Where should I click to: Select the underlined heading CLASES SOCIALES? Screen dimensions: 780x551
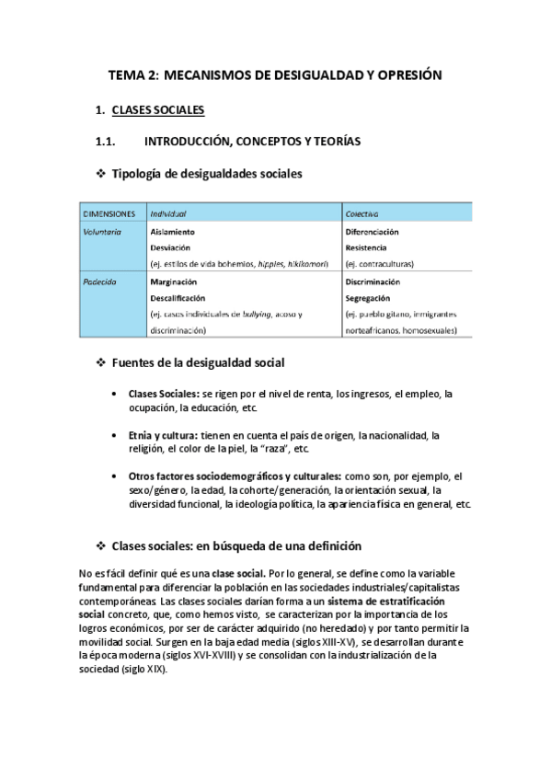tap(157, 110)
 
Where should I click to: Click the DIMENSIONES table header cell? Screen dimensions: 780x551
tap(109, 213)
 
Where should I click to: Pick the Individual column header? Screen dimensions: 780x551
tap(168, 213)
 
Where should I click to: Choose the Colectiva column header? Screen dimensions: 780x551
tap(363, 213)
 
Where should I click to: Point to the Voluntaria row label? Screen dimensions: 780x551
tap(102, 233)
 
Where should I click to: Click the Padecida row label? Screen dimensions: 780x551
tap(99, 282)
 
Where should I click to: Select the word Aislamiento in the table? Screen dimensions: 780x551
tap(172, 233)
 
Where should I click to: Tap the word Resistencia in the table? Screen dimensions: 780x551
tap(366, 248)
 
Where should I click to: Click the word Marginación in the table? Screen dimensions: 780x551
tap(173, 282)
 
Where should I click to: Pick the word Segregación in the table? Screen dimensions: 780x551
tap(368, 298)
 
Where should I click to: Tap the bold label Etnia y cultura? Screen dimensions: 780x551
tap(163, 435)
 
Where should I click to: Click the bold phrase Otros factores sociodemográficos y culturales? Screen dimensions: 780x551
tap(235, 476)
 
